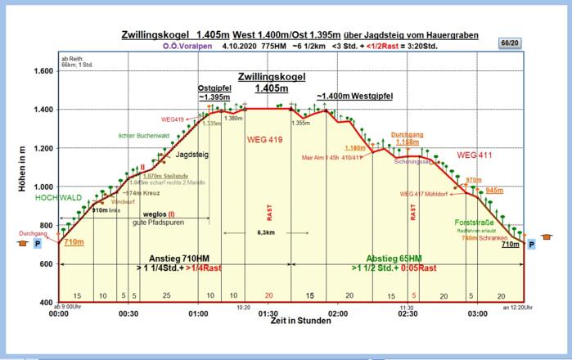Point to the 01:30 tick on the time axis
268,313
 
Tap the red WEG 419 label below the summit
264,140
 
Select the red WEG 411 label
475,155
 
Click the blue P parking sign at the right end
532,244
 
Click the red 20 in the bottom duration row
268,295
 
